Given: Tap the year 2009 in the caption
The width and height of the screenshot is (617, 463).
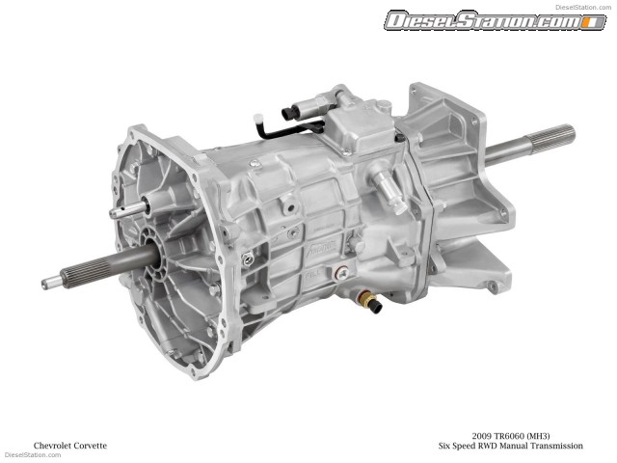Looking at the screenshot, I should (484, 435).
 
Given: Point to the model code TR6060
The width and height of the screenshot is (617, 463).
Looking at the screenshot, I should (516, 435).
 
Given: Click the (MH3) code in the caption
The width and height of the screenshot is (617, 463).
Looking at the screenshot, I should (553, 435).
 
